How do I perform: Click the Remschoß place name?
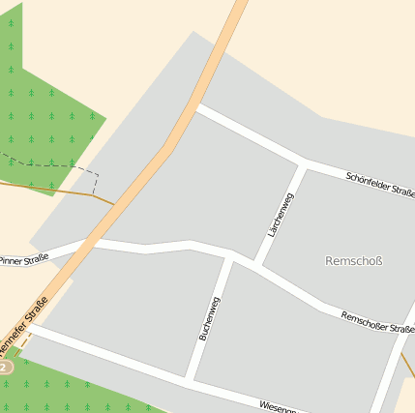point(355,260)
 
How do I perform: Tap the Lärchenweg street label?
point(280,215)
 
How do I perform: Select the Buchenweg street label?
point(209,318)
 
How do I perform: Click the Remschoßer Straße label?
point(377,321)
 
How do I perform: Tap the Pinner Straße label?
point(23,260)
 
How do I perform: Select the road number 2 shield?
point(4,368)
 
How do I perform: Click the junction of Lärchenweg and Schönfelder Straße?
point(305,162)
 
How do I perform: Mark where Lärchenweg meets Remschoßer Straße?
point(257,264)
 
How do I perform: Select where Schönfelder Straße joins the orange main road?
point(194,106)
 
